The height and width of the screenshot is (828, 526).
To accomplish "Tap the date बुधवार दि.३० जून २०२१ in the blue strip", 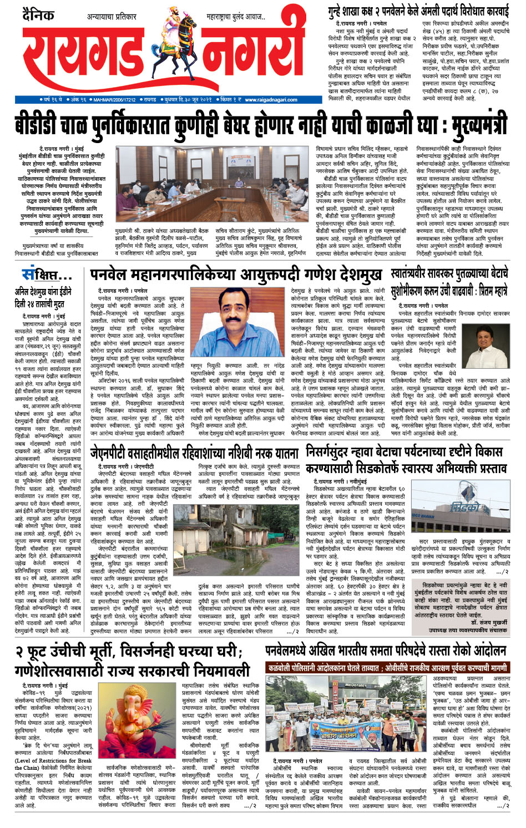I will coord(187,100).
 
